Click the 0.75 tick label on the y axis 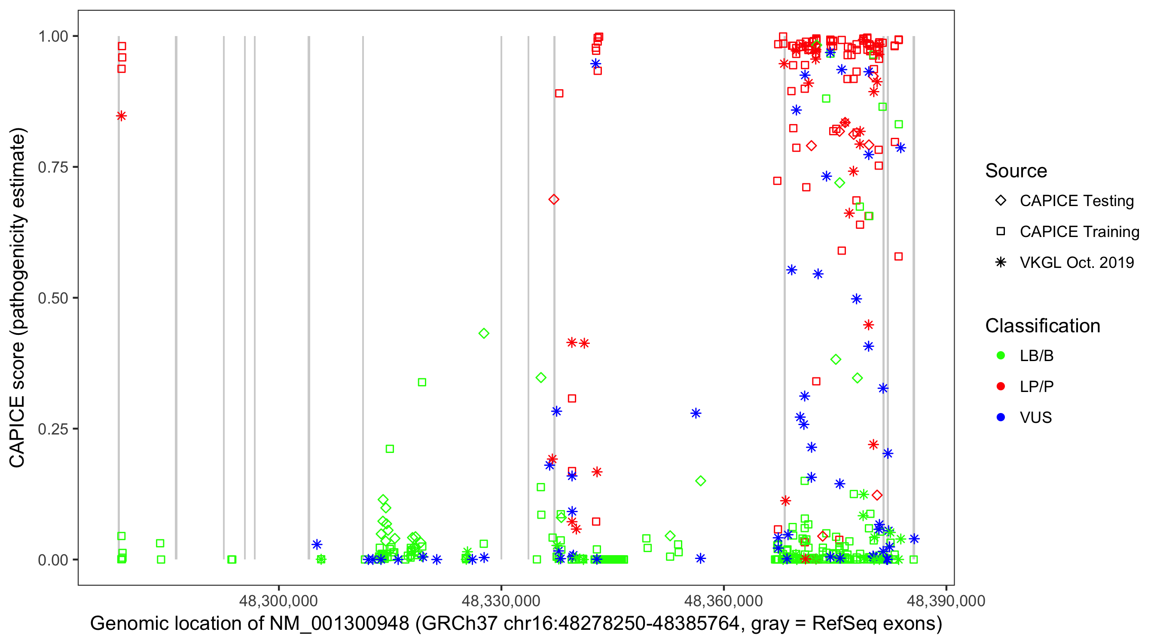tap(53, 167)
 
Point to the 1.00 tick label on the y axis tap(53, 36)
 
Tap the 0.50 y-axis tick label tap(53, 298)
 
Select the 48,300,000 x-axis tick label tap(278, 601)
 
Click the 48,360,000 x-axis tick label tap(723, 601)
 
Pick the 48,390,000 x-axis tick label tap(946, 601)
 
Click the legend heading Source tap(1016, 171)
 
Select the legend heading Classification tap(1042, 326)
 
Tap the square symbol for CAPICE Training tap(1001, 232)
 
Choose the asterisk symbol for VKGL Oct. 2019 tap(1001, 262)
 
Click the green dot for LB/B tap(1001, 355)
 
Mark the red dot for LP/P tap(1001, 386)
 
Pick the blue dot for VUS tap(1001, 417)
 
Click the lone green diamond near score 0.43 tap(484, 334)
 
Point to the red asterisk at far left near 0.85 tap(121, 116)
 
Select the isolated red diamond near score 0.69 tap(554, 199)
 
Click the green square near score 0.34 tap(422, 382)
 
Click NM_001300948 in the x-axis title tap(339, 624)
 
